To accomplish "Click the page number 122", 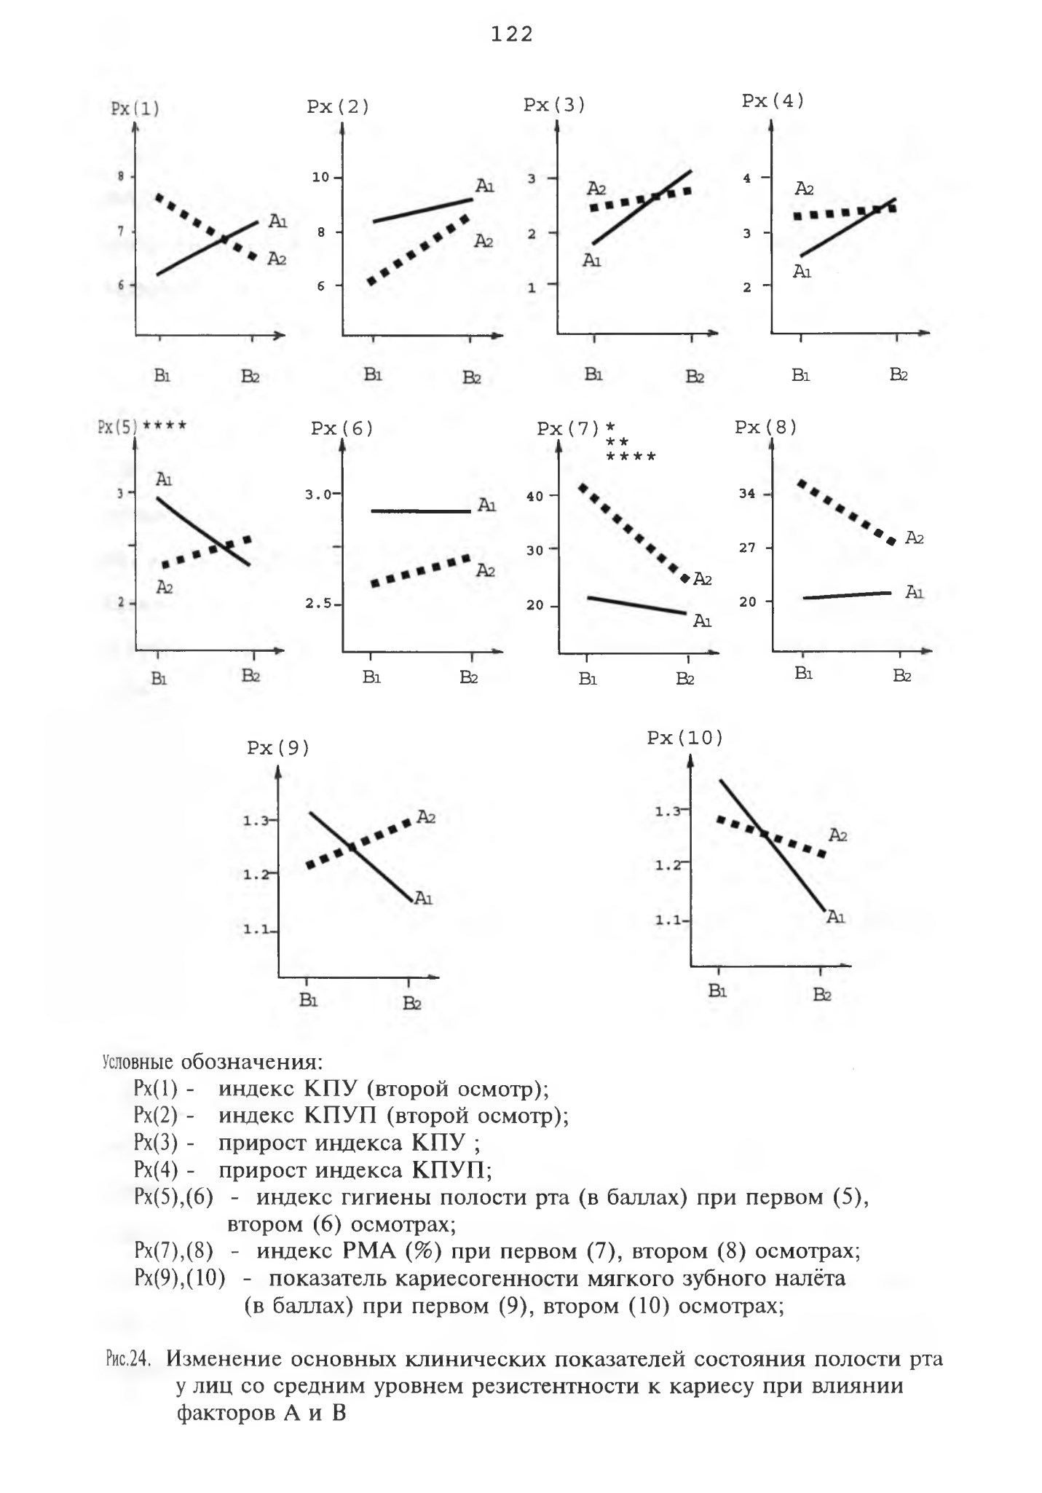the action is point(512,34).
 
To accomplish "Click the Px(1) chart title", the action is point(135,109).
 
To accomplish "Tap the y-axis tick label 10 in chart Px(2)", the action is point(322,178).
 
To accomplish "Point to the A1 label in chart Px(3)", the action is point(591,260).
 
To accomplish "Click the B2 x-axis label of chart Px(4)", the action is point(898,375).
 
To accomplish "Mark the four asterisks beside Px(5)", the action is point(165,426).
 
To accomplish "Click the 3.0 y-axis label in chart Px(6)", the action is point(318,495).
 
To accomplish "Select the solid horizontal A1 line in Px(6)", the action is point(421,511).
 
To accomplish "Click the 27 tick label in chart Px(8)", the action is point(747,548).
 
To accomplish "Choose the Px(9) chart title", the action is point(278,749).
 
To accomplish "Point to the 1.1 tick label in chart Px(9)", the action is point(255,930).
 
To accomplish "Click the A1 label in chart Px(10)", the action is point(835,917).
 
